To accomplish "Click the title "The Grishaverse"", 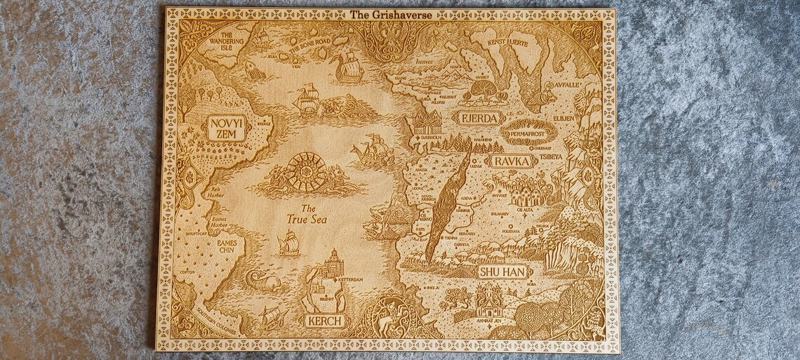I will point(389,13).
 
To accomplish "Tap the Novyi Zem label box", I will point(225,127).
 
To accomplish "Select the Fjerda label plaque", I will point(480,118).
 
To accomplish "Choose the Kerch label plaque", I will point(324,321).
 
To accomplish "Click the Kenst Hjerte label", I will point(503,43).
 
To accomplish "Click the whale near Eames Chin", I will point(262,281).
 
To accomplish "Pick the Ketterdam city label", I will point(350,279).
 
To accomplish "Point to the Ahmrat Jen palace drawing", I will point(491,301).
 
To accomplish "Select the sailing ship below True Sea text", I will point(288,243).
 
